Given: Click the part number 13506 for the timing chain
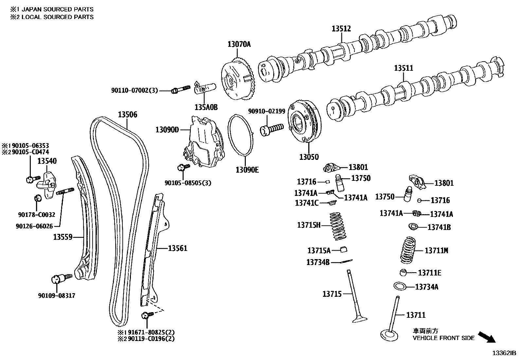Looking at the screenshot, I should point(127,115).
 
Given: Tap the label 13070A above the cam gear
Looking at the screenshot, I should point(239,44).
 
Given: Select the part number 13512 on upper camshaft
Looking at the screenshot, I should point(341,28).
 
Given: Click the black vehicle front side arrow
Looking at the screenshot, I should point(487,337).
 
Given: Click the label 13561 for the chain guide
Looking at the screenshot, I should point(178,248).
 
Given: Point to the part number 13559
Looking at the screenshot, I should point(63,237).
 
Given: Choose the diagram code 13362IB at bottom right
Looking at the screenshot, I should point(504,353).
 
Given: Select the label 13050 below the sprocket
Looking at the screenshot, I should point(309,157).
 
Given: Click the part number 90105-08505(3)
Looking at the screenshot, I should point(188,183).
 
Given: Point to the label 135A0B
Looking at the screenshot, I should point(206,107).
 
